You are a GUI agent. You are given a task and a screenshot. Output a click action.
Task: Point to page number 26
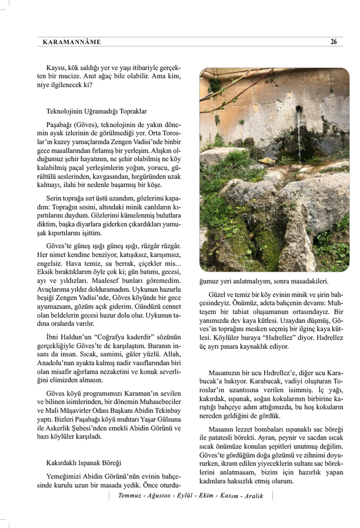pyautogui.click(x=334, y=42)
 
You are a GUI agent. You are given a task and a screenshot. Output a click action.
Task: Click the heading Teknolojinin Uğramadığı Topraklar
pyautogui.click(x=96, y=111)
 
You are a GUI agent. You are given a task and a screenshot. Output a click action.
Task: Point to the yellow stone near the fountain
pyautogui.click(x=266, y=161)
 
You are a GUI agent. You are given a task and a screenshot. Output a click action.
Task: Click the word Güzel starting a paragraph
pyautogui.click(x=219, y=293)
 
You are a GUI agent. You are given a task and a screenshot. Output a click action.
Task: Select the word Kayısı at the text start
pyautogui.click(x=58, y=68)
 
